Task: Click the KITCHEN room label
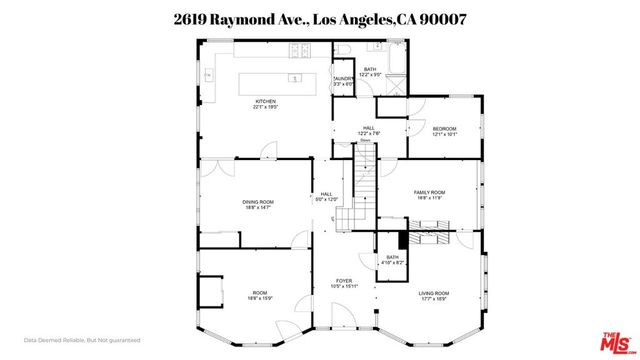click(265, 102)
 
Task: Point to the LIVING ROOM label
click(433, 292)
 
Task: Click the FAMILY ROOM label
click(430, 192)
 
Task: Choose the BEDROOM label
click(444, 128)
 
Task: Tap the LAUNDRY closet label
click(343, 77)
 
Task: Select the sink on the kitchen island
click(295, 78)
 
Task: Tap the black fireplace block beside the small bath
click(403, 240)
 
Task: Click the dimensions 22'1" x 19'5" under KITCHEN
click(265, 109)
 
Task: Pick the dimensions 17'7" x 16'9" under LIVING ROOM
click(433, 299)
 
